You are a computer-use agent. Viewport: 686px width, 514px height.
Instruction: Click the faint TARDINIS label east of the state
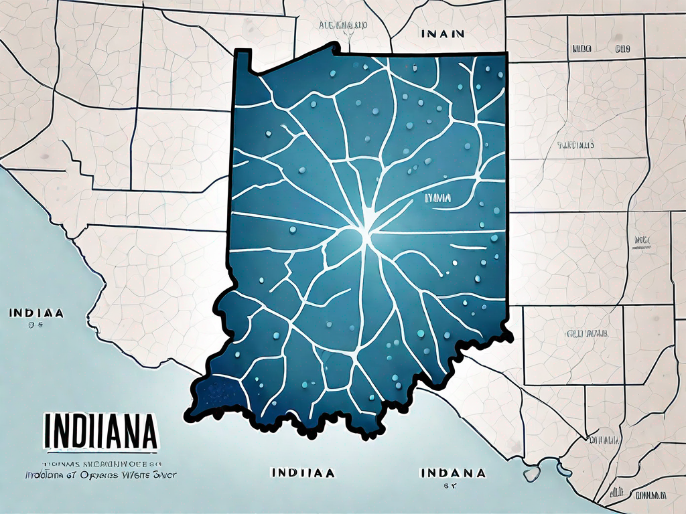[575, 144]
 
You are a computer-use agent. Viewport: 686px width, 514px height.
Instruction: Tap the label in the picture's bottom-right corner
[643, 495]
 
